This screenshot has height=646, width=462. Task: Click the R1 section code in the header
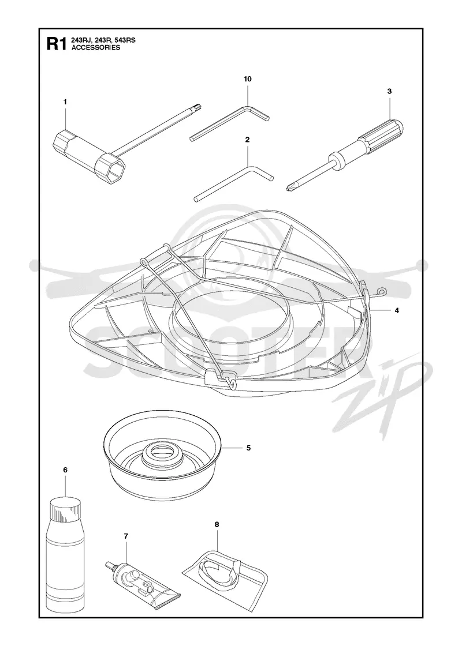pyautogui.click(x=55, y=44)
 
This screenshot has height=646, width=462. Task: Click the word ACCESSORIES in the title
pyautogui.click(x=90, y=47)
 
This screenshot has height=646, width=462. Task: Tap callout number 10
pyautogui.click(x=248, y=78)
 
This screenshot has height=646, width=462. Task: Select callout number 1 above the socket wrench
pyautogui.click(x=65, y=102)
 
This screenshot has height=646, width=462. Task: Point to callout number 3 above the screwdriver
pyautogui.click(x=389, y=91)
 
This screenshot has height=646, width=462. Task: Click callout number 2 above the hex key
pyautogui.click(x=247, y=140)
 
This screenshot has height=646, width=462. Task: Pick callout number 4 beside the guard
pyautogui.click(x=397, y=311)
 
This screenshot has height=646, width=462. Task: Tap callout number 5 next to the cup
pyautogui.click(x=248, y=448)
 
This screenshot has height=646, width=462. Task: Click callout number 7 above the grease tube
pyautogui.click(x=126, y=536)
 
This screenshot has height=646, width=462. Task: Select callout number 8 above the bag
pyautogui.click(x=217, y=524)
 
